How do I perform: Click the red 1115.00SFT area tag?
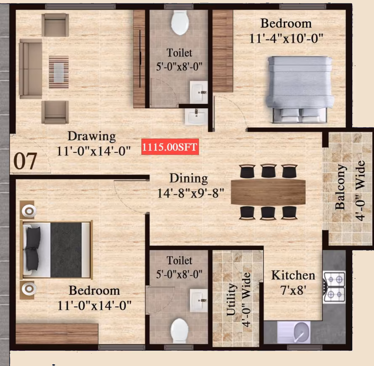pos(170,147)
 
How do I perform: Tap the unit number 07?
pos(25,161)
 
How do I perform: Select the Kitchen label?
pos(293,276)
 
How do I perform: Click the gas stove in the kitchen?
pos(334,287)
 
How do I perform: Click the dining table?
pos(268,192)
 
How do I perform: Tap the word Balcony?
pos(340,187)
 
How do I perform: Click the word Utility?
pos(231,300)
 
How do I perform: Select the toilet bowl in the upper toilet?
pos(180,23)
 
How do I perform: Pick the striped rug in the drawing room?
pos(59,72)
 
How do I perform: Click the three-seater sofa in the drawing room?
pos(31,69)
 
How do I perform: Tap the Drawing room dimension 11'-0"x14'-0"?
pos(94,151)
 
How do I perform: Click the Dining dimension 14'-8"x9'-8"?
pos(191,193)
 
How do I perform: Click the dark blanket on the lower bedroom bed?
pos(66,250)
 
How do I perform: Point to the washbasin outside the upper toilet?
pos(196,117)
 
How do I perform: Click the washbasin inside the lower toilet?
pos(199,300)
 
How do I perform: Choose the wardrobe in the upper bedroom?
pos(223,51)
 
